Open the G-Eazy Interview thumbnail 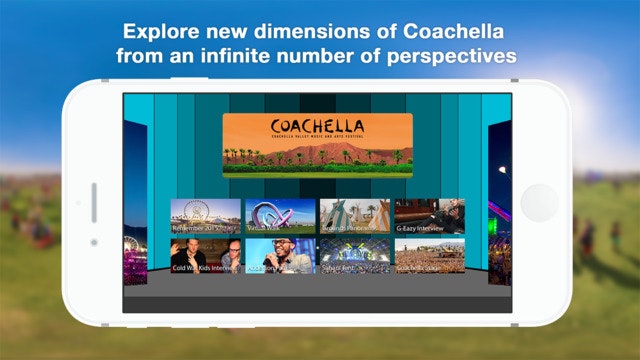[x=429, y=215]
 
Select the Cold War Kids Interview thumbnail [x=205, y=256]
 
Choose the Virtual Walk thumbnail [x=280, y=215]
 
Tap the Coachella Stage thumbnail [x=429, y=256]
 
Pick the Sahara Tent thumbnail [x=354, y=256]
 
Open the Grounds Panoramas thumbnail [x=354, y=215]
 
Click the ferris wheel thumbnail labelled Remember [x=205, y=215]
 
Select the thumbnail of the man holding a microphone [x=280, y=256]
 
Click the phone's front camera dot [x=94, y=242]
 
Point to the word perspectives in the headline [x=456, y=55]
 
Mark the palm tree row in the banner [x=317, y=156]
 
